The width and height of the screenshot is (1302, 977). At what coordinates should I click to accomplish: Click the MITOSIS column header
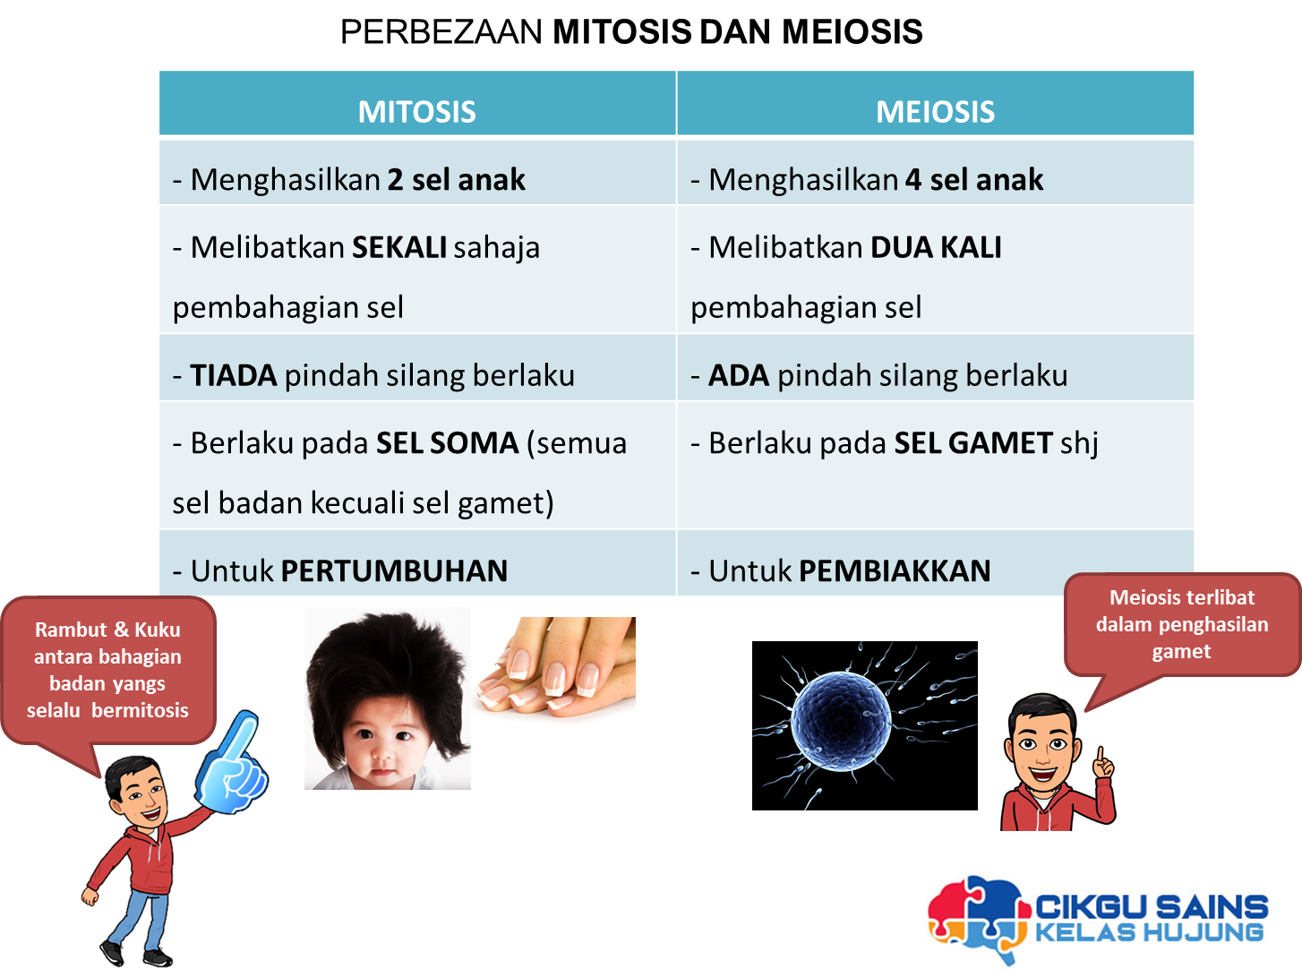(x=416, y=112)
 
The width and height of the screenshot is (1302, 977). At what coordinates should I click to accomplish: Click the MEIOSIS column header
(x=936, y=112)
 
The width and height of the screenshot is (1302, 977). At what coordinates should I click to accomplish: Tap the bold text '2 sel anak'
(x=456, y=179)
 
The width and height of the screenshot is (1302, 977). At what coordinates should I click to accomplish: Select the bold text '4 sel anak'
(x=974, y=179)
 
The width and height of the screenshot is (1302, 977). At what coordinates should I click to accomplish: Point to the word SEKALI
(x=399, y=247)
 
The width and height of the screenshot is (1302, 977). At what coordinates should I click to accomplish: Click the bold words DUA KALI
(x=936, y=247)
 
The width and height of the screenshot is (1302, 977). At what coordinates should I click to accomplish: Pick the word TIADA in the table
(x=233, y=375)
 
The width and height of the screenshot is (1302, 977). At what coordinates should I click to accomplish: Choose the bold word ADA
(x=739, y=375)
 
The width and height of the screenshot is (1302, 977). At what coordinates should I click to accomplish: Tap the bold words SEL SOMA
(x=447, y=443)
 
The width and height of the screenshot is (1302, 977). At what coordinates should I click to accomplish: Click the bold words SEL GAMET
(x=973, y=443)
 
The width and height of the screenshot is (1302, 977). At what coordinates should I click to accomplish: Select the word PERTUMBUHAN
(x=394, y=570)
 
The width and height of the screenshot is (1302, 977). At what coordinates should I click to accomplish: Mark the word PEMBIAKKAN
(x=895, y=570)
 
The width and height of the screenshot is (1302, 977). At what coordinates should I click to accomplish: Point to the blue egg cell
(x=841, y=721)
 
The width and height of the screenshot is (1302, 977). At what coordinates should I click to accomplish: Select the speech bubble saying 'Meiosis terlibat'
(x=1182, y=624)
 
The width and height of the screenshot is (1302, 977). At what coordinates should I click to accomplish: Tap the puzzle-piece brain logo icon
(x=978, y=916)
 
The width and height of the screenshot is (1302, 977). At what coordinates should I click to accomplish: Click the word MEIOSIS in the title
(x=852, y=31)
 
